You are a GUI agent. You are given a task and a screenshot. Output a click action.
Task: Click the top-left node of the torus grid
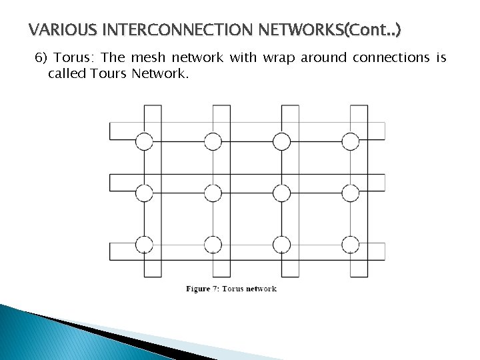pyautogui.click(x=144, y=141)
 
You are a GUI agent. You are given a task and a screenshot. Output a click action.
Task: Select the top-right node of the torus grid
pyautogui.click(x=350, y=141)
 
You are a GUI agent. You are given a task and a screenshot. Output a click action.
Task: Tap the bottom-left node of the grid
pyautogui.click(x=144, y=244)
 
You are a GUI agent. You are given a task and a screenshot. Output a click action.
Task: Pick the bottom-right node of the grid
pyautogui.click(x=350, y=244)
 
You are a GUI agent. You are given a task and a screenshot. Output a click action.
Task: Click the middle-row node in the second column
pyautogui.click(x=213, y=193)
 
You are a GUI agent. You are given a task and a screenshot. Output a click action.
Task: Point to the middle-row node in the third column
pyautogui.click(x=281, y=193)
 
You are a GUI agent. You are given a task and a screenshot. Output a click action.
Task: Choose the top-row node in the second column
pyautogui.click(x=213, y=141)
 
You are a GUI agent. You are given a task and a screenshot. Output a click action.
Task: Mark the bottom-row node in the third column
pyautogui.click(x=281, y=244)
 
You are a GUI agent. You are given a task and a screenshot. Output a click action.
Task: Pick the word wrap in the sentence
pyautogui.click(x=280, y=58)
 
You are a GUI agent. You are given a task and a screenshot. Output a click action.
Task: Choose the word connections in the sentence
pyautogui.click(x=393, y=58)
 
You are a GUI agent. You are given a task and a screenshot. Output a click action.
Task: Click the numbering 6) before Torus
pyautogui.click(x=41, y=58)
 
